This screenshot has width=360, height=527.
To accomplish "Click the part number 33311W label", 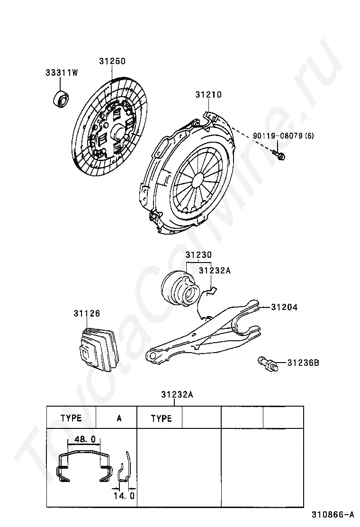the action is (62, 73).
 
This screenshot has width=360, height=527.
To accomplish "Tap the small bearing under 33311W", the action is (61, 98).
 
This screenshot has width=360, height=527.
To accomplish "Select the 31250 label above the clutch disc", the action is (112, 61).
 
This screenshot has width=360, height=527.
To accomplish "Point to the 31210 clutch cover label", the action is (208, 95).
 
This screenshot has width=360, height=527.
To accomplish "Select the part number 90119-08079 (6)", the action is (283, 136).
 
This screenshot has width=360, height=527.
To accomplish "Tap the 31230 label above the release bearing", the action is (199, 255).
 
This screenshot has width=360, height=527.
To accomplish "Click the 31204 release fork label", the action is (284, 307).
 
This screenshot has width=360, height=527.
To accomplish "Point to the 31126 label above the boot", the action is (87, 314).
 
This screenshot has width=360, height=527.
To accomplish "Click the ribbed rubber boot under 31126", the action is (96, 349).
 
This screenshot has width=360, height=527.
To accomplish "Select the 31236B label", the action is (303, 363).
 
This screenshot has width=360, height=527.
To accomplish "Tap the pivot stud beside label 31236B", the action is (268, 363).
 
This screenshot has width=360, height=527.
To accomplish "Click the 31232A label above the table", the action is (177, 395).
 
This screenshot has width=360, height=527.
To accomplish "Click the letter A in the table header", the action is (119, 418).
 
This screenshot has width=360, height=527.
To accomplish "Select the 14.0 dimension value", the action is (124, 496).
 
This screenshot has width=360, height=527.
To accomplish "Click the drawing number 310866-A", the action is (333, 515).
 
